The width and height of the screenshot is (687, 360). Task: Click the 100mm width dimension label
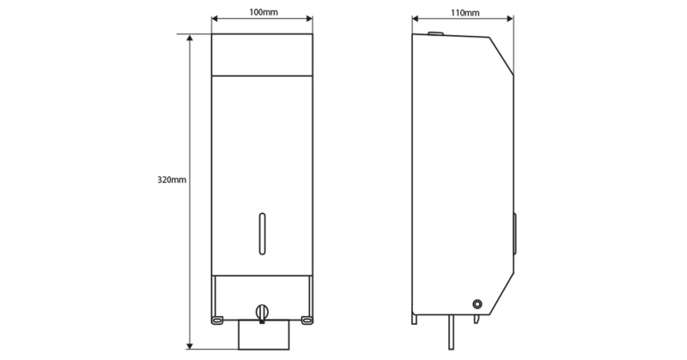[264, 12]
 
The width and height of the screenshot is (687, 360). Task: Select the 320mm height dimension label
[172, 180]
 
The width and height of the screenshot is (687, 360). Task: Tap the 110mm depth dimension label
[465, 13]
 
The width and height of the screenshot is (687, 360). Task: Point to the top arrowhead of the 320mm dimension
[190, 38]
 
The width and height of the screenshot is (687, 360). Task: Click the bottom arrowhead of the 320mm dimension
[190, 346]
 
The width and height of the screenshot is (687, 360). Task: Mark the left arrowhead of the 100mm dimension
[215, 18]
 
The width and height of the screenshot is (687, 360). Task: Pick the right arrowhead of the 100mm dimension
[309, 18]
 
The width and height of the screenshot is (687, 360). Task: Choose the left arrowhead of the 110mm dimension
[416, 18]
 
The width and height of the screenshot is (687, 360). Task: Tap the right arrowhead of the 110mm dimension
[510, 18]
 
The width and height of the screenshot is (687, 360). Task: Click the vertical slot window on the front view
[262, 234]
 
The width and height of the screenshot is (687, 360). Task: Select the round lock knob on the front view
[262, 313]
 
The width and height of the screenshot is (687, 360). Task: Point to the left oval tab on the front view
[217, 320]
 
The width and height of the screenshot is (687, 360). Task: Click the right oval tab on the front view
[307, 320]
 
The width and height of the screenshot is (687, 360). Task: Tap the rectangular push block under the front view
[264, 335]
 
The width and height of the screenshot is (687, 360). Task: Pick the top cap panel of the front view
[262, 55]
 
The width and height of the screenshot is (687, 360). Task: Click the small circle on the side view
[477, 304]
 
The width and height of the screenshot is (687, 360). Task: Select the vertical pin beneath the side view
[451, 333]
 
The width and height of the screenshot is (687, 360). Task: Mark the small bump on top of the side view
[435, 34]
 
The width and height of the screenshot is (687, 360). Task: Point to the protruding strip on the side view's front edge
[514, 234]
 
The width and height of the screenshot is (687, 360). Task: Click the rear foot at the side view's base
[414, 320]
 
